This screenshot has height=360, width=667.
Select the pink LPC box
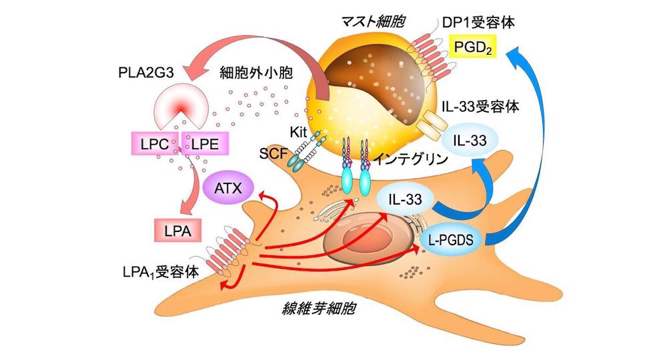[155, 141]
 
